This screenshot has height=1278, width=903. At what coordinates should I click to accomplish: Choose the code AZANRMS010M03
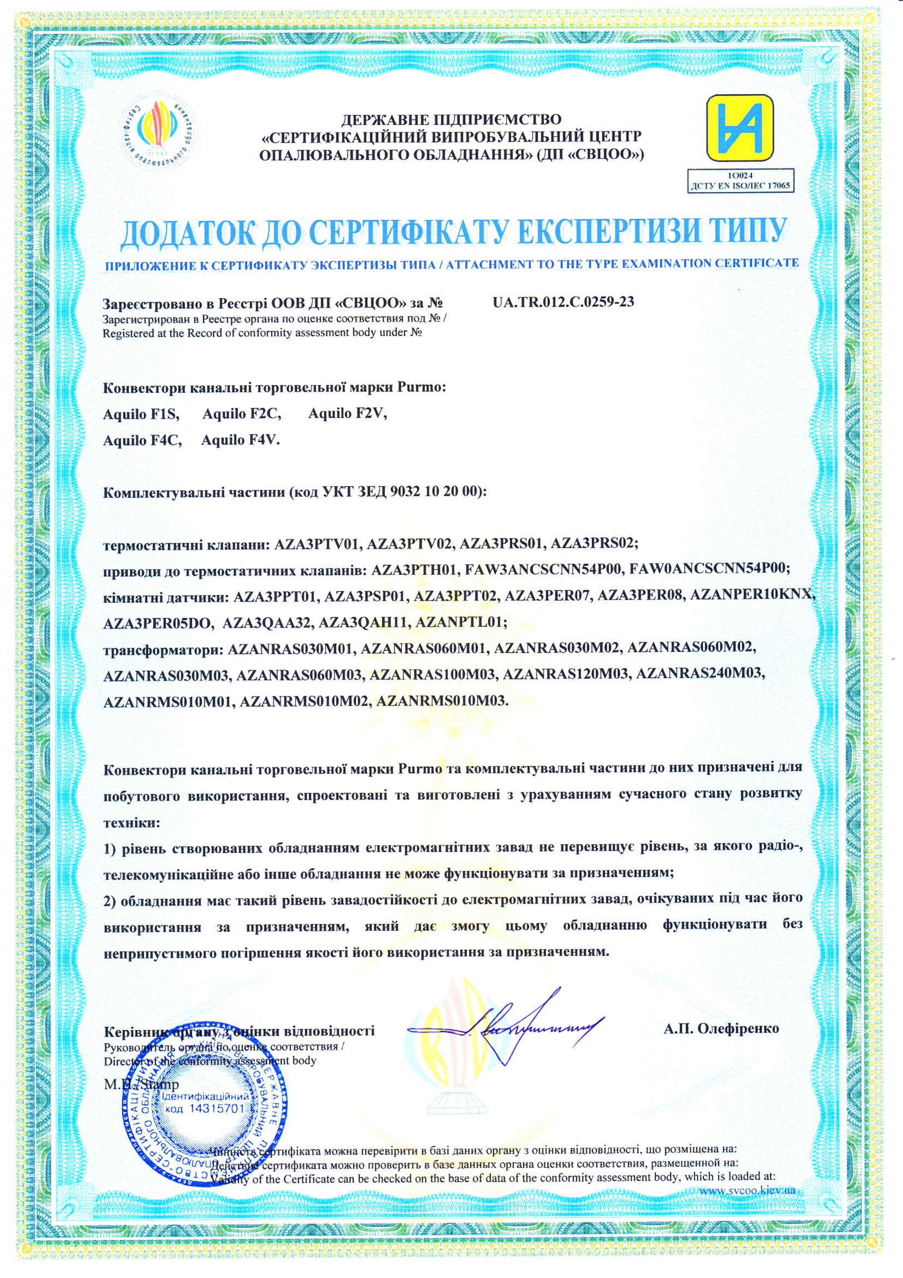(442, 701)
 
